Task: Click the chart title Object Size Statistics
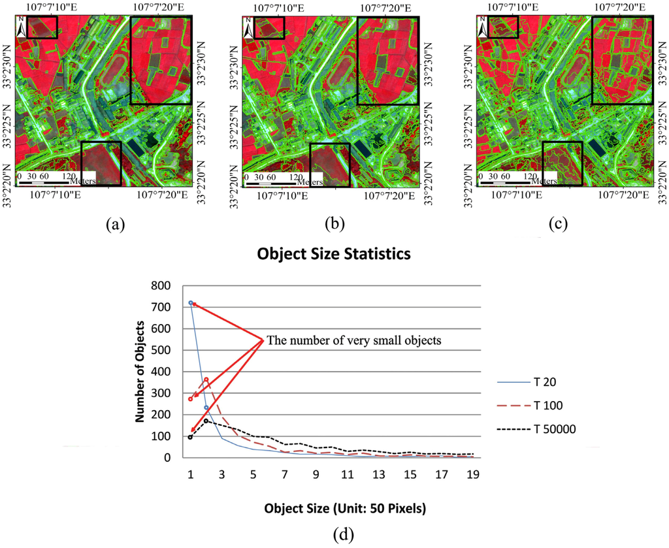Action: (334, 253)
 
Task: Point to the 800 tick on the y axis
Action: (161, 285)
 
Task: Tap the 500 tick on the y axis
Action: (161, 350)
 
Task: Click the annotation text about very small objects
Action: (353, 340)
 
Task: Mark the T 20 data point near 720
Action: (191, 303)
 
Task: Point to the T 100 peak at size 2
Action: (206, 379)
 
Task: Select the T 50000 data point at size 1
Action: (190, 437)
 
